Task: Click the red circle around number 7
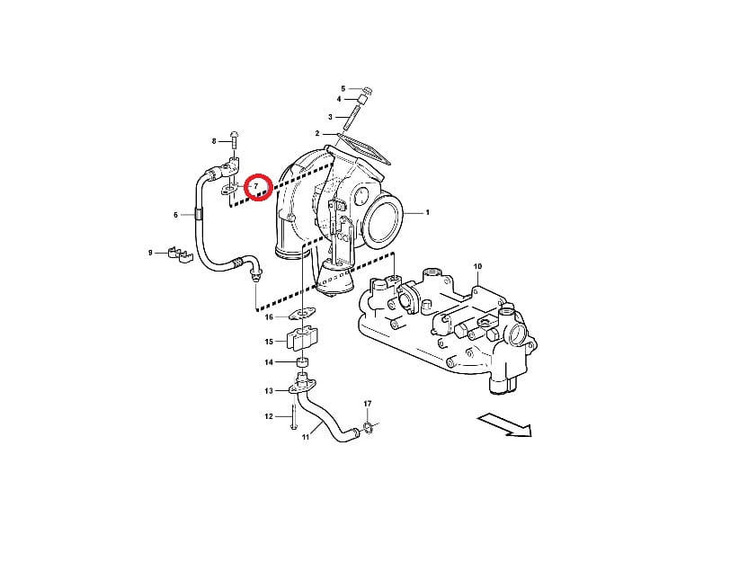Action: click(x=258, y=174)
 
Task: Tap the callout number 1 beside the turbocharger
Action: click(x=427, y=212)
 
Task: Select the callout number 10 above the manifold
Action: click(x=477, y=266)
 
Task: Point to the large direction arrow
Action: click(x=504, y=424)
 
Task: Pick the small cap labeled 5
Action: click(x=368, y=90)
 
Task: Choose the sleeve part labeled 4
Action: click(x=362, y=101)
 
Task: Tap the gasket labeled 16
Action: click(x=302, y=315)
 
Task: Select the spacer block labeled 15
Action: click(x=301, y=339)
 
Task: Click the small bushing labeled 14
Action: click(x=302, y=361)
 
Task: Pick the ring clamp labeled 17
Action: click(x=368, y=426)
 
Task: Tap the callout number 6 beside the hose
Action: click(x=175, y=215)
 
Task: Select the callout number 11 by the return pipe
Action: click(x=306, y=436)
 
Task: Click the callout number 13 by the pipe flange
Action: click(x=269, y=391)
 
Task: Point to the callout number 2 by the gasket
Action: click(x=317, y=134)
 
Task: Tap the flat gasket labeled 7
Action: click(x=228, y=191)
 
